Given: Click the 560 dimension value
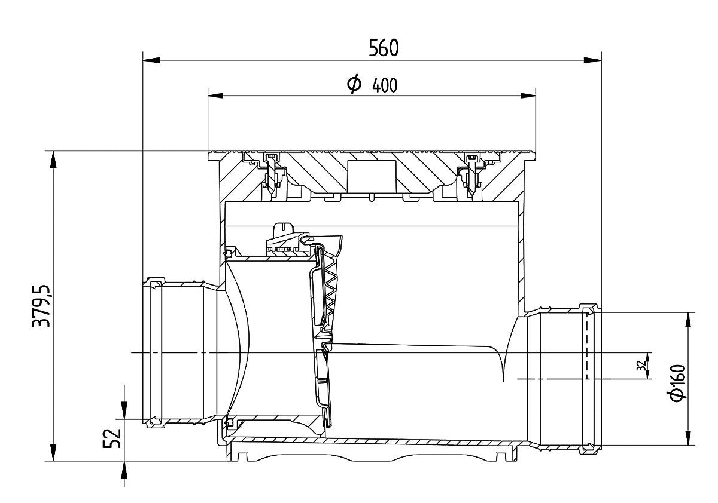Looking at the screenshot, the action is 384,48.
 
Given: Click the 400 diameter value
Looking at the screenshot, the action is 385,85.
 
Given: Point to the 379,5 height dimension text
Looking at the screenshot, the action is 41,306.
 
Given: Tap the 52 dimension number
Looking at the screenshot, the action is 112,438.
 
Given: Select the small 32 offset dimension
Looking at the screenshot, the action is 641,366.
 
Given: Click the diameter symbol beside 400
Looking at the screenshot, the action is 354,84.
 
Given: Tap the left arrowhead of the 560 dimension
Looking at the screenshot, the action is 151,60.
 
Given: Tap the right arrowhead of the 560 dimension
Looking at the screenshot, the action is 592,60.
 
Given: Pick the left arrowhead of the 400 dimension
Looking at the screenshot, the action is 217,96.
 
